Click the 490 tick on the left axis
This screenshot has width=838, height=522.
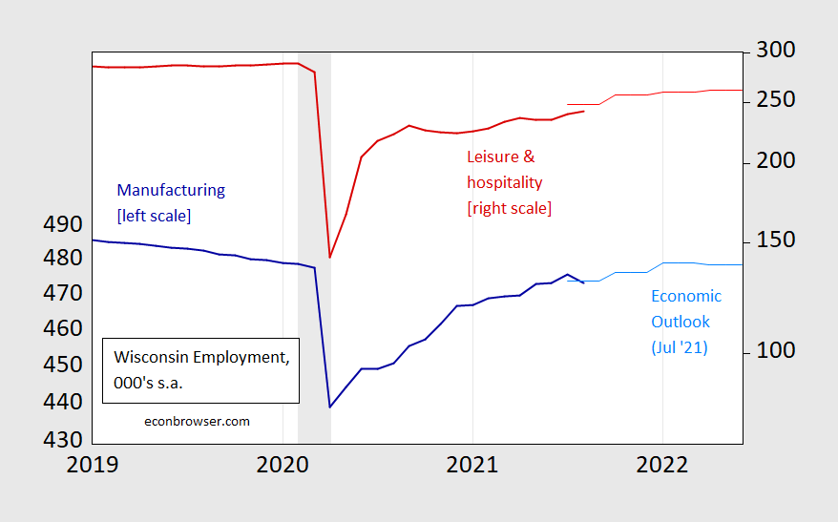click(x=62, y=225)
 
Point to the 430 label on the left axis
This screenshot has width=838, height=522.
click(x=62, y=441)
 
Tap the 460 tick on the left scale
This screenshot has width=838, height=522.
click(x=62, y=329)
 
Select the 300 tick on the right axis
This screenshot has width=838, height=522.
click(x=774, y=50)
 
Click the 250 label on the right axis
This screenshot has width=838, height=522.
click(x=774, y=101)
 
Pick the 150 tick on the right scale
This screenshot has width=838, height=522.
click(x=774, y=240)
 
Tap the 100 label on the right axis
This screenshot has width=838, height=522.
click(x=774, y=351)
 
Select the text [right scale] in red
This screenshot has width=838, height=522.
click(x=509, y=207)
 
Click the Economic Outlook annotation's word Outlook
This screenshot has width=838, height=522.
click(x=681, y=322)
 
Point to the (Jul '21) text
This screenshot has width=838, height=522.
click(x=680, y=347)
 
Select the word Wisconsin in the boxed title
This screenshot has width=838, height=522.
click(x=153, y=358)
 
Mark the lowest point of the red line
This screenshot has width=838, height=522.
click(x=330, y=258)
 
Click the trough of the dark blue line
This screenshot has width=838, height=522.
click(x=330, y=407)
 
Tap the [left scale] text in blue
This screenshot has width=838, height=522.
click(x=154, y=216)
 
